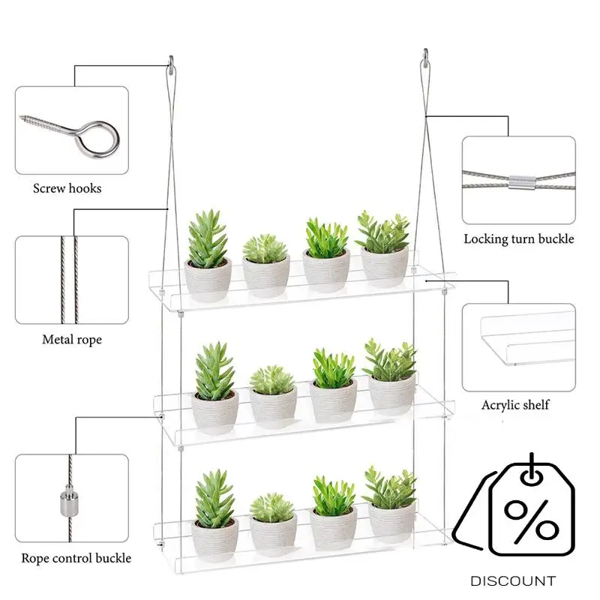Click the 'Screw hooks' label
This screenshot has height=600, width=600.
tap(67, 188)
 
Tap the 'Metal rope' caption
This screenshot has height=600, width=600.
tap(72, 340)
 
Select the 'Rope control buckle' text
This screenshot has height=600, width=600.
tap(76, 558)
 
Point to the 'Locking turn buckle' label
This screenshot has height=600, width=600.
tap(518, 239)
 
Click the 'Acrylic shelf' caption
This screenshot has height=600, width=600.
tap(515, 405)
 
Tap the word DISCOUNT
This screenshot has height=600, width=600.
tap(513, 580)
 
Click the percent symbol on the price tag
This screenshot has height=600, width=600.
tap(530, 517)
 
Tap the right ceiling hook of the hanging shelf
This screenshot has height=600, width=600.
tap(425, 55)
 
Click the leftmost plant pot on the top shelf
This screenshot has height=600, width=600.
tap(208, 279)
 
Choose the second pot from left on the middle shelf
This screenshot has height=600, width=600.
tap(273, 406)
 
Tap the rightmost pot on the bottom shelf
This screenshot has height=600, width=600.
tap(389, 520)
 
